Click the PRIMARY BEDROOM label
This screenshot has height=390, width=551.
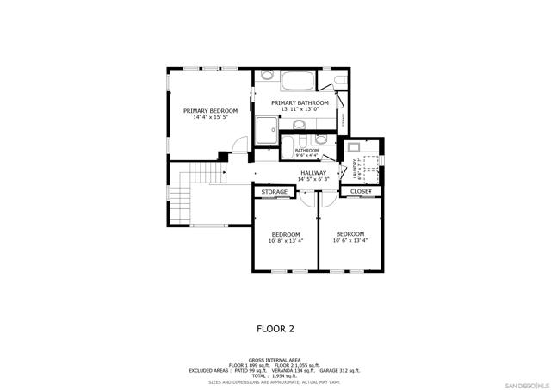pyautogui.click(x=210, y=111)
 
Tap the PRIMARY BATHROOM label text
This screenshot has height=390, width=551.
pyautogui.click(x=300, y=103)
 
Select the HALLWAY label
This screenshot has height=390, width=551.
pyautogui.click(x=313, y=173)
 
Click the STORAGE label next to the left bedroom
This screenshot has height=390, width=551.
pyautogui.click(x=275, y=192)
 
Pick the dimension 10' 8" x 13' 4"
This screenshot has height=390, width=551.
pyautogui.click(x=285, y=241)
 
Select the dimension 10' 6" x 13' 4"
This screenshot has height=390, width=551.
pyautogui.click(x=350, y=241)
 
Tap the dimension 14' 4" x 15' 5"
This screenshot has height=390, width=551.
pyautogui.click(x=210, y=118)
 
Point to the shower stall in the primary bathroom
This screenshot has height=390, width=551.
pyautogui.click(x=267, y=130)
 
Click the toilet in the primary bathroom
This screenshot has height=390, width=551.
pyautogui.click(x=338, y=83)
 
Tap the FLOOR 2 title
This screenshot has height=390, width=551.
pyautogui.click(x=275, y=328)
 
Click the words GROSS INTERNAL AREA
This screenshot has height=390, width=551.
pyautogui.click(x=275, y=360)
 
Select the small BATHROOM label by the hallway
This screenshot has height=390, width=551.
pyautogui.click(x=306, y=151)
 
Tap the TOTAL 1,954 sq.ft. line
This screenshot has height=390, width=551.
pyautogui.click(x=275, y=375)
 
